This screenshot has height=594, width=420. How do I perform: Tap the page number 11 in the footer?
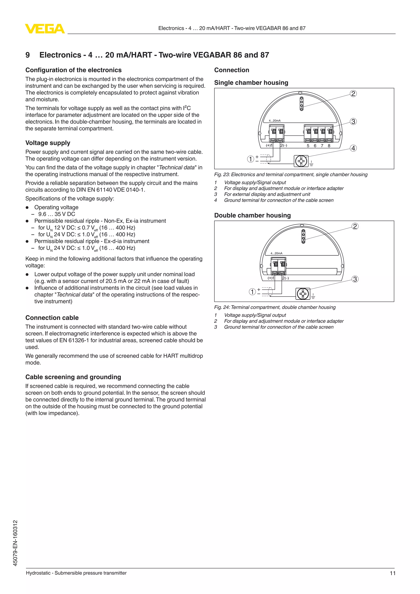(x=392, y=573)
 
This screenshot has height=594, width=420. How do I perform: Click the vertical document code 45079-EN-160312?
(x=16, y=543)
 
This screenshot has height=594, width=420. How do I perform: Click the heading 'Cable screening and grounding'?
(x=73, y=377)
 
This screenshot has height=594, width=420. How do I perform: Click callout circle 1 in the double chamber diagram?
(x=252, y=292)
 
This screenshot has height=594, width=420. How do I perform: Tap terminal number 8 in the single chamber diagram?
(x=329, y=146)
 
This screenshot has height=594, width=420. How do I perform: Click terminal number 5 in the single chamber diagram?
(x=308, y=146)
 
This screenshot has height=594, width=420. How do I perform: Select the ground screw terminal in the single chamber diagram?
(x=301, y=161)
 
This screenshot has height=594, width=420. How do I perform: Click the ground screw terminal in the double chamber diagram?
(x=303, y=294)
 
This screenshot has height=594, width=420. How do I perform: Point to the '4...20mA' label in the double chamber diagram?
(x=276, y=253)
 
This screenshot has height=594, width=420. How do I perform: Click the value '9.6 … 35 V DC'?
(x=57, y=214)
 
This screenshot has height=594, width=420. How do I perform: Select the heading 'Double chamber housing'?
(x=252, y=216)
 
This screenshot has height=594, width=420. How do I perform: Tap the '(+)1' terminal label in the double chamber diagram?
(x=271, y=278)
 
